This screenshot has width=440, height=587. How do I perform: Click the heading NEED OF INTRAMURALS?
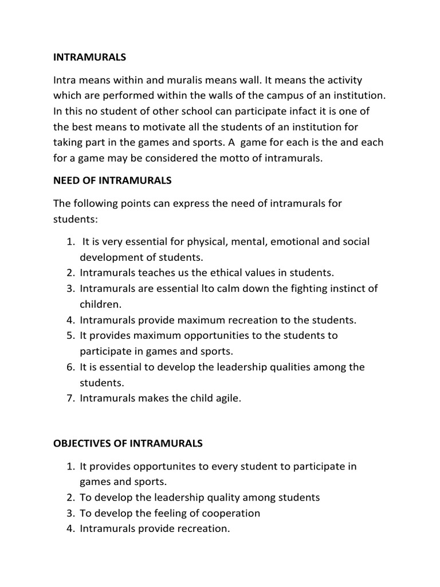(112, 181)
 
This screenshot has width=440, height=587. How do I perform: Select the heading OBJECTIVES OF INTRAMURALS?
(128, 444)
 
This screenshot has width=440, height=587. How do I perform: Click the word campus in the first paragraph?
(272, 95)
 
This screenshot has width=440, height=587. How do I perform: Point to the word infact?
(278, 111)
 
